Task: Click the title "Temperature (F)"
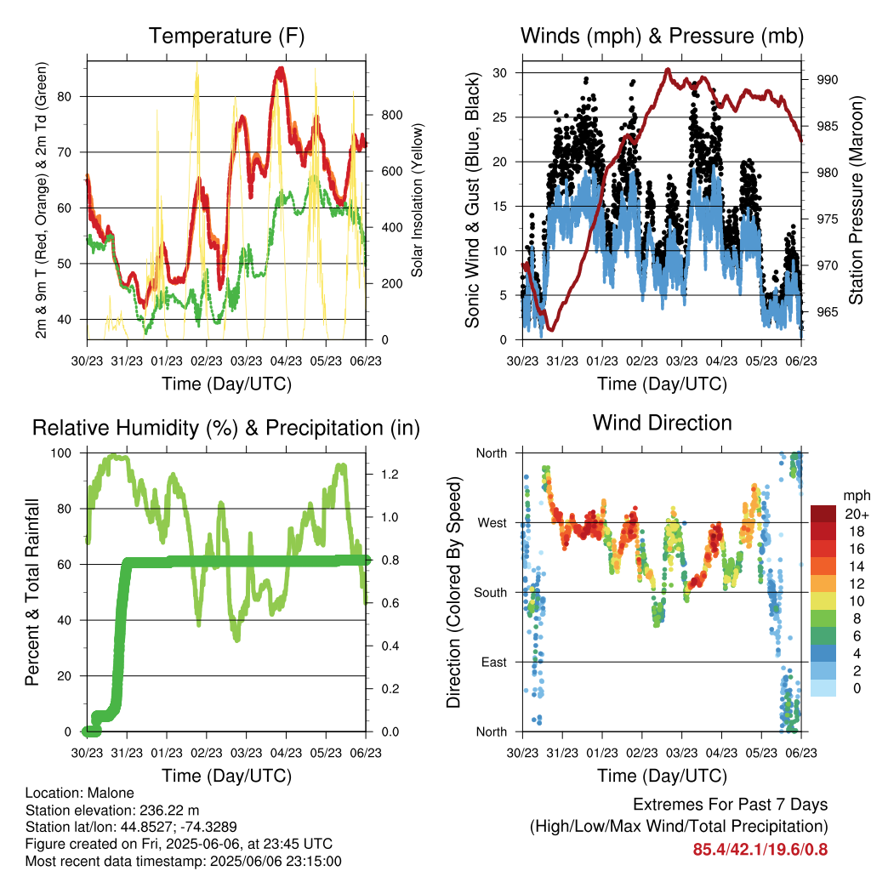point(226,36)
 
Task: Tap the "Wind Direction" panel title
point(662,423)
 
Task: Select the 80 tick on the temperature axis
point(65,97)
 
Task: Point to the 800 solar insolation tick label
point(391,116)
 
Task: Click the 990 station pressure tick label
point(828,80)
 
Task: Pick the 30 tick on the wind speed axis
point(499,73)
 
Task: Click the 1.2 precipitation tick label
point(390,475)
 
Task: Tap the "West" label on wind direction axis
point(492,523)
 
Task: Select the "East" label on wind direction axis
point(494,662)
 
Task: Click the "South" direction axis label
point(491,593)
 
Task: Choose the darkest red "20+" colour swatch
point(823,514)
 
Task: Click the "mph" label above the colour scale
point(856,496)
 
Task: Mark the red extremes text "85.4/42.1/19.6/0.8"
point(760,850)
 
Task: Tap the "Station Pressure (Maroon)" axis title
point(856,200)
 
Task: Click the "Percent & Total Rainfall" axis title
point(32,592)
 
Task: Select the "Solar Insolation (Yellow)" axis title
point(417,200)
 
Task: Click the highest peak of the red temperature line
point(281,70)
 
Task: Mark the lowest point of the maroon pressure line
point(551,329)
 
